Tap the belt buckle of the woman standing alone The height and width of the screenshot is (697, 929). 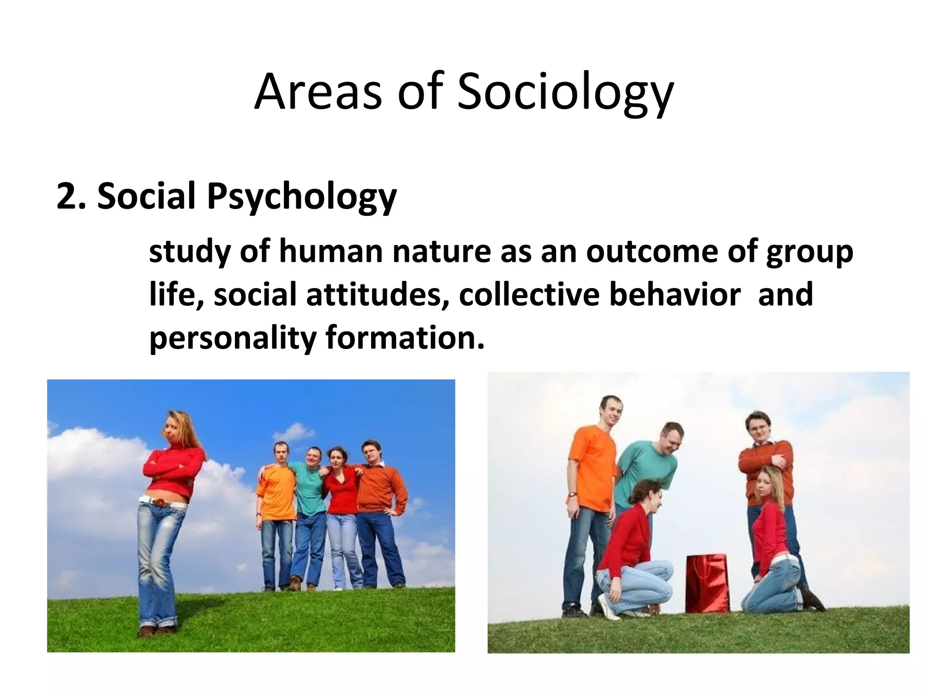pyautogui.click(x=159, y=502)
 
